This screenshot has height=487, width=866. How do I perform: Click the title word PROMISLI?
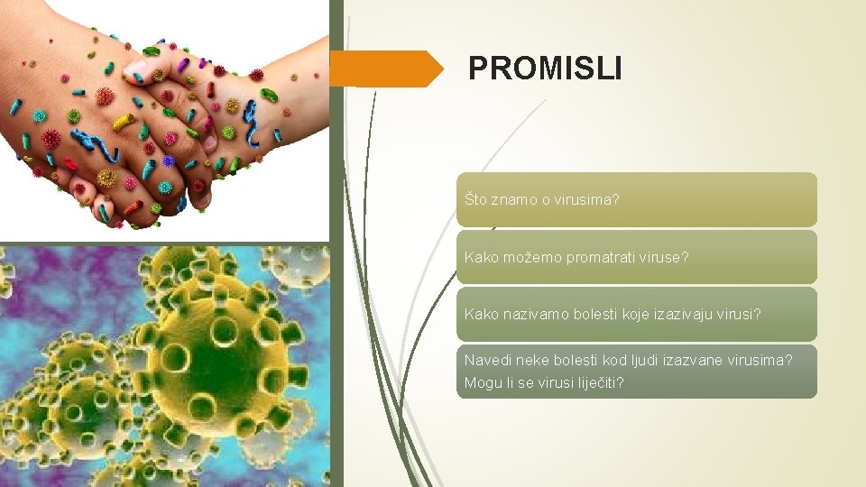point(545,69)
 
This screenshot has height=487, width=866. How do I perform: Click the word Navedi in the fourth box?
point(485,360)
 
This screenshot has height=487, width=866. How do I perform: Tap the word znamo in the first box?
point(513,199)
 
